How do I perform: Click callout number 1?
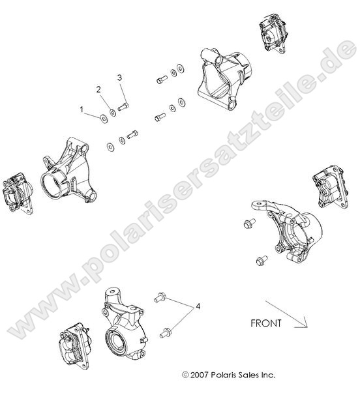point(82,110)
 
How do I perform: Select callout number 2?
point(99,89)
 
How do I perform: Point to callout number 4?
point(198,305)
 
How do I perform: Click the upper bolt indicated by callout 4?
point(158,297)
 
